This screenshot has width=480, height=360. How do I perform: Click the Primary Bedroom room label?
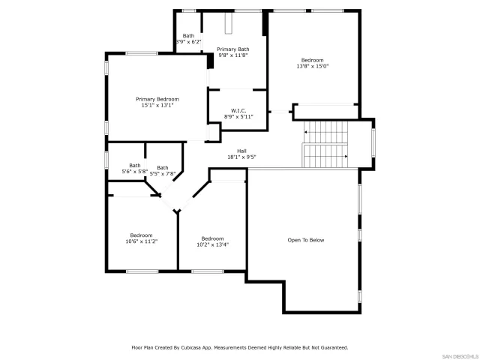[157, 99]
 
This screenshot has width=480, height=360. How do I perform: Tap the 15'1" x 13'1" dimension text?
[157, 106]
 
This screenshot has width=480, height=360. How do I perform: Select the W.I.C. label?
[238, 110]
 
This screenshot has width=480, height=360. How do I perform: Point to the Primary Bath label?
[233, 49]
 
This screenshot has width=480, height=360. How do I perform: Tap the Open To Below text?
[306, 240]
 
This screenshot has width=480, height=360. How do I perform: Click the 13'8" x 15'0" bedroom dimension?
[313, 67]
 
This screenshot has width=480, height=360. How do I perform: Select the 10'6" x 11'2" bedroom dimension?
[141, 241]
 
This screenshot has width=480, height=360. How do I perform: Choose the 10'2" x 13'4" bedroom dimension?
[212, 244]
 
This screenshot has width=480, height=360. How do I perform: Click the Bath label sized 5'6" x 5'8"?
[135, 166]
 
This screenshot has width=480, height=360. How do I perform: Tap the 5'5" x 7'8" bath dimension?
[163, 174]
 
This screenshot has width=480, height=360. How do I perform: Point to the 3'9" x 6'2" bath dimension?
[188, 42]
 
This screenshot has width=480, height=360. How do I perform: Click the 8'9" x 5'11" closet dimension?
[238, 117]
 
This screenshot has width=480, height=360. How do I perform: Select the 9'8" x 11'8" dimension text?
[233, 55]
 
